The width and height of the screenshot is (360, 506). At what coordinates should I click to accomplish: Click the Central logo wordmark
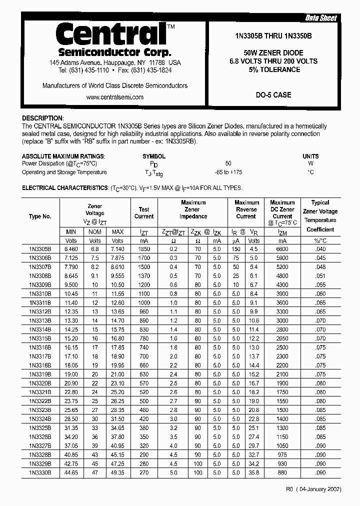point(110,34)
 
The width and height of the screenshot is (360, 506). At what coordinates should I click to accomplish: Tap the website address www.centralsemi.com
point(115,97)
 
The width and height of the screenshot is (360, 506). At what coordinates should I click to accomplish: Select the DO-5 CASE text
point(273,94)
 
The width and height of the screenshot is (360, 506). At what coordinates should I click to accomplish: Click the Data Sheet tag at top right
point(321,18)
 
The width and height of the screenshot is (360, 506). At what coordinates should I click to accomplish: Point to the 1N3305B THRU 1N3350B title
point(273,35)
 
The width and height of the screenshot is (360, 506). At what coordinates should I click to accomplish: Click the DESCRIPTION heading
point(43,118)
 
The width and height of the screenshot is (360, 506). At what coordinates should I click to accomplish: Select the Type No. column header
point(40,216)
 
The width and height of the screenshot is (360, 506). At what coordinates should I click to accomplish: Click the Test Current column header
point(144,213)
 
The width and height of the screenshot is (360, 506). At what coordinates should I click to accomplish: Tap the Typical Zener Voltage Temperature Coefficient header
point(320,216)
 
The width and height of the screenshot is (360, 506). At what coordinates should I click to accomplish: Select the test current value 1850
point(144,249)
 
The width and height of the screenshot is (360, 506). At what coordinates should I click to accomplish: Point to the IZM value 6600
point(282,249)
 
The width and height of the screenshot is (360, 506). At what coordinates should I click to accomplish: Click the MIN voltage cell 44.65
point(71,472)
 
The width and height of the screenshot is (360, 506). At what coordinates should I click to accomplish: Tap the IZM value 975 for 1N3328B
point(282,454)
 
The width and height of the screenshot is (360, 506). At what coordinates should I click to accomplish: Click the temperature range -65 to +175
point(228,172)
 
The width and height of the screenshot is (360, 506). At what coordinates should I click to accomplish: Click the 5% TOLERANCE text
point(273,69)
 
